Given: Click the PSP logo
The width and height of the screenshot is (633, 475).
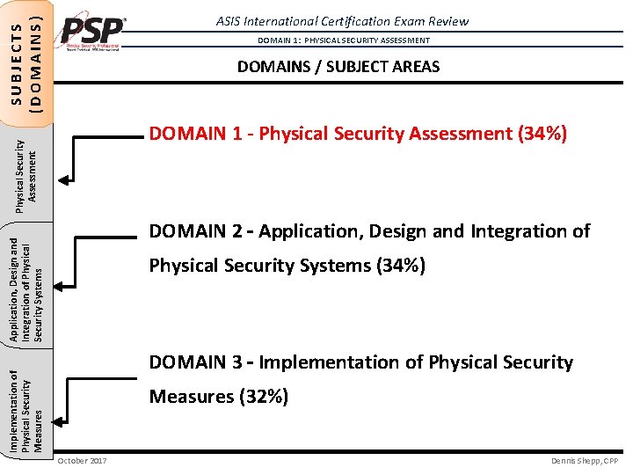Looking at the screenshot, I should (92, 35).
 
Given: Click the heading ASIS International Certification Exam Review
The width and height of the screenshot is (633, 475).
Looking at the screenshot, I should (343, 21).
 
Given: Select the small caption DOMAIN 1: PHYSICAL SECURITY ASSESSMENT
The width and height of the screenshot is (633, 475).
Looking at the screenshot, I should (343, 40).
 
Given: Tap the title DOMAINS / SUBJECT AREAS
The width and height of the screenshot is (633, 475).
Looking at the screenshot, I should (338, 67).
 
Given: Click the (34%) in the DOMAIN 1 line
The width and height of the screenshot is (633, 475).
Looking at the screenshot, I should (542, 134).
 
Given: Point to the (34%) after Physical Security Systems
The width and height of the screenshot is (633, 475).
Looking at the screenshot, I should (400, 266).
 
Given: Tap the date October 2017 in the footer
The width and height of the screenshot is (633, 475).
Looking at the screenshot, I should (82, 461).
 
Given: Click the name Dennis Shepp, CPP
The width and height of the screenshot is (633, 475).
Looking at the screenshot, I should (586, 461).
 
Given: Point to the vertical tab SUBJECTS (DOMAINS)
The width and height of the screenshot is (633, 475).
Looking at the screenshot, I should (26, 55).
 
